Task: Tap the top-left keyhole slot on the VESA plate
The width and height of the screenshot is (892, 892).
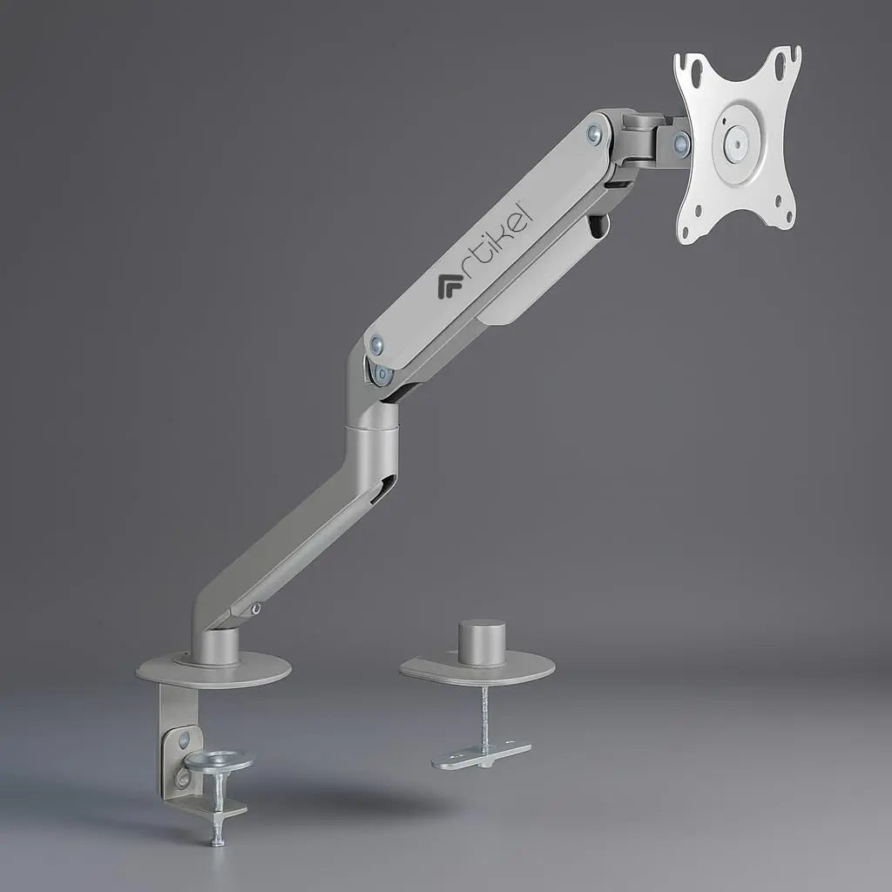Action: [x=690, y=64]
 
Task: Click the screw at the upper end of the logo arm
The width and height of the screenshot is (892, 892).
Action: [x=594, y=133]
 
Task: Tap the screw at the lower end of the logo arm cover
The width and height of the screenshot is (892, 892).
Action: [x=376, y=345]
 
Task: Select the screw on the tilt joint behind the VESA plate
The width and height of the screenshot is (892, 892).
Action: [x=681, y=145]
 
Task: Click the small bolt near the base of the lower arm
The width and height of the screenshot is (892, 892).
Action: [x=254, y=609]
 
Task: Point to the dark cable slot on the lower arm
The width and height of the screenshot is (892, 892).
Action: [x=382, y=490]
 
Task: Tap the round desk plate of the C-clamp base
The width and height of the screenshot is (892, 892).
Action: [x=214, y=671]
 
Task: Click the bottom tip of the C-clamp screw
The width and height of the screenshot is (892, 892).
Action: [x=217, y=841]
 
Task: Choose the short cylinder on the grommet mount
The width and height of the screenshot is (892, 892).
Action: [x=482, y=642]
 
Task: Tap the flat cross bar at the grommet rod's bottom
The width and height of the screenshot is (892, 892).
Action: [x=481, y=754]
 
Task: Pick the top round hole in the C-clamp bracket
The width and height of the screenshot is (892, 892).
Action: [x=183, y=741]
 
